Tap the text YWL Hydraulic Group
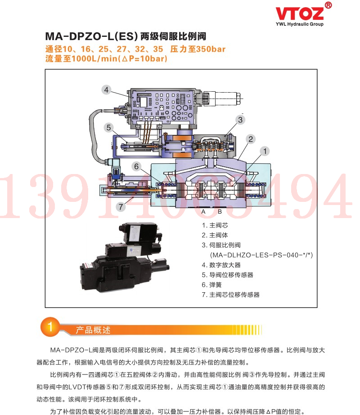[299, 24]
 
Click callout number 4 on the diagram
[106, 90]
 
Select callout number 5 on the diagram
[108, 128]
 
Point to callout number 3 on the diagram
[240, 120]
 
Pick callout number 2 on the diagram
[251, 139]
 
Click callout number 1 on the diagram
[265, 151]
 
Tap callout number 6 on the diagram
[136, 166]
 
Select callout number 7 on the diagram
[121, 207]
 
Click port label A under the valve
[203, 212]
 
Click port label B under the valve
[220, 212]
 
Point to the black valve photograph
[125, 257]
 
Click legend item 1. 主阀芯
[215, 225]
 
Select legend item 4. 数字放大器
[221, 265]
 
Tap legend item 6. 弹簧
[211, 285]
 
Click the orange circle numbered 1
[50, 326]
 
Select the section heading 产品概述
[93, 330]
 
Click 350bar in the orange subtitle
[211, 49]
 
